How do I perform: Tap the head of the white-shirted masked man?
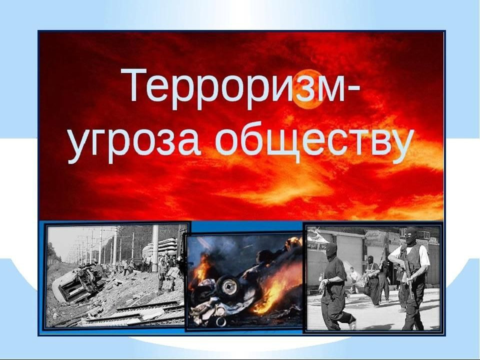pyautogui.click(x=411, y=235)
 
